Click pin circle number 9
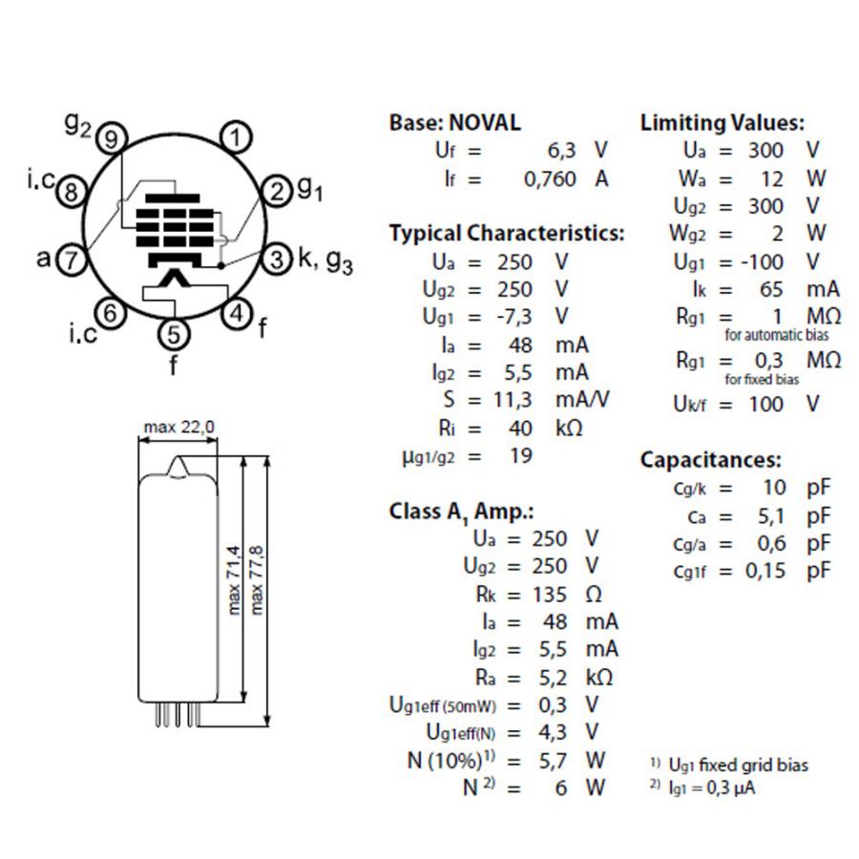click(x=112, y=138)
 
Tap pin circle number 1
click(x=236, y=137)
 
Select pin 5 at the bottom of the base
click(x=174, y=334)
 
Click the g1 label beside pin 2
click(x=310, y=189)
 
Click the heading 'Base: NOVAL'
click(x=454, y=122)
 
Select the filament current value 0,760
click(x=550, y=179)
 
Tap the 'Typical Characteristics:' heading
click(x=507, y=234)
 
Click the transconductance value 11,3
click(x=513, y=400)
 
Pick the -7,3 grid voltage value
click(x=513, y=317)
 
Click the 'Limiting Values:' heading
click(x=723, y=123)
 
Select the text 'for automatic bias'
click(x=776, y=335)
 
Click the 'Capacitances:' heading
click(x=710, y=460)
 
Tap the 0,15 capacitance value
click(x=765, y=571)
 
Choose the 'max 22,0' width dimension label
click(x=179, y=427)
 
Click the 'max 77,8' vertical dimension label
click(x=257, y=579)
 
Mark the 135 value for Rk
click(x=550, y=595)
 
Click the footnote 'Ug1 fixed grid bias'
click(x=739, y=765)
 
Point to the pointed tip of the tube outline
click(x=177, y=456)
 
